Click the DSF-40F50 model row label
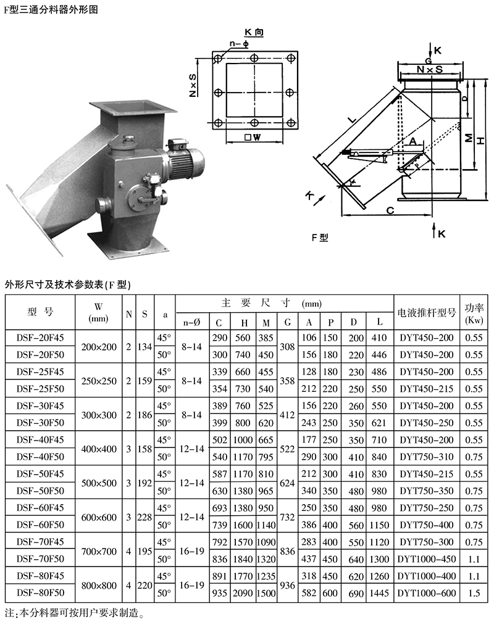tap(40, 457)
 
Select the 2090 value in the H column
tap(243, 593)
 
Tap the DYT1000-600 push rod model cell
tap(427, 593)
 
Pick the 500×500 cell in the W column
tap(98, 483)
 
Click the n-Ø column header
tap(192, 322)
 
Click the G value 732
tap(287, 517)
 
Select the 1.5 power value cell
tap(474, 593)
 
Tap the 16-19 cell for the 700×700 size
tap(192, 550)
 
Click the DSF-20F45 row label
tap(40, 338)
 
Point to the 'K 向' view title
tap(254, 32)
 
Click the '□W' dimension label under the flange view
tap(253, 137)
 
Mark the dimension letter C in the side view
tap(390, 210)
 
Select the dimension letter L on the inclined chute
tap(352, 119)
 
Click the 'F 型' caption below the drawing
tap(320, 238)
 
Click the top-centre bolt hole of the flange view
tap(254, 57)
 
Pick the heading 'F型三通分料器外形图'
tap(51, 9)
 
